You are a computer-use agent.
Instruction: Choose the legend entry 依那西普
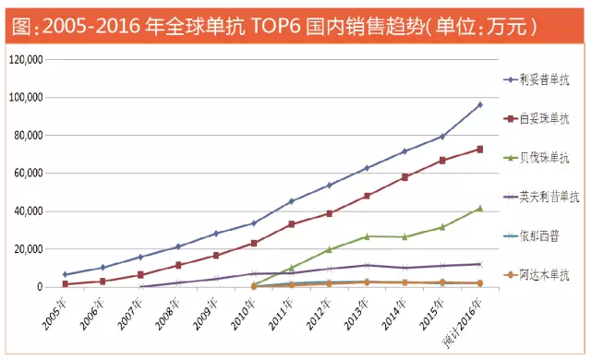542,235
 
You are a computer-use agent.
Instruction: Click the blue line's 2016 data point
479,104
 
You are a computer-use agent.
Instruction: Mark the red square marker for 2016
479,149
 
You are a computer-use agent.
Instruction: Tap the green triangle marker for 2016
479,208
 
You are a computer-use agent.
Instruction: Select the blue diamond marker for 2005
65,274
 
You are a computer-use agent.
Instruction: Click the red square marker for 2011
291,224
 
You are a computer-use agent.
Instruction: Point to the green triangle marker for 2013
367,236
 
